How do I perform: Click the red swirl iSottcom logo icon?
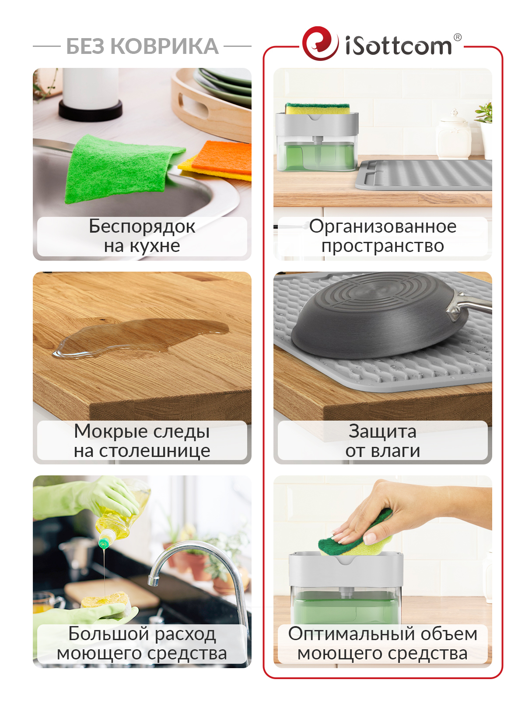pyautogui.click(x=320, y=43)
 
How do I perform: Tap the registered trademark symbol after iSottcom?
pyautogui.click(x=457, y=37)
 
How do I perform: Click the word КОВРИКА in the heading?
pyautogui.click(x=164, y=46)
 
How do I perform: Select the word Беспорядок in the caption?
pyautogui.click(x=142, y=227)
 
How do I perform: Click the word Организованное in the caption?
pyautogui.click(x=382, y=227)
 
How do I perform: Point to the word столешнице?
pyautogui.click(x=154, y=451)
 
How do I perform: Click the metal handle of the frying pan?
pyautogui.click(x=469, y=305)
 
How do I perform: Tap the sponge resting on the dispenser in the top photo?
pyautogui.click(x=317, y=109)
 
